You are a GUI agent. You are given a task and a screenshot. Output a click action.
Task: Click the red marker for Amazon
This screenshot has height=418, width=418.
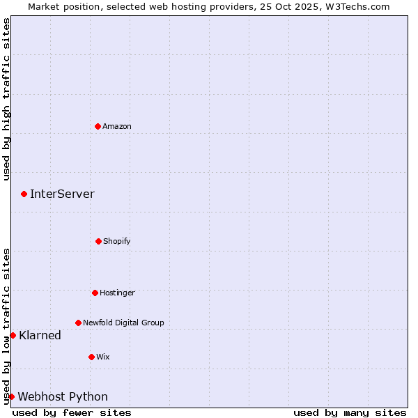[98, 126]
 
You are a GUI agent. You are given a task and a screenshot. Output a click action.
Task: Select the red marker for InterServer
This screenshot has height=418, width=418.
[24, 194]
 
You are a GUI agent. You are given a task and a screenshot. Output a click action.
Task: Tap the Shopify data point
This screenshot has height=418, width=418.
[98, 241]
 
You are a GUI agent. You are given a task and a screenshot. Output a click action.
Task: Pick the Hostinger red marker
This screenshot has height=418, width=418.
[95, 293]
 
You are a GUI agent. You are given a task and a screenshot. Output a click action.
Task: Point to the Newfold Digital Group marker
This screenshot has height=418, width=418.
[78, 323]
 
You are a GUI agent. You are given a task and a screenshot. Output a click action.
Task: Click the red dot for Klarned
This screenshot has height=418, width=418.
[13, 335]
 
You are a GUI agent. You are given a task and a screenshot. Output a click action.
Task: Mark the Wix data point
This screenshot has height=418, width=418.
[91, 357]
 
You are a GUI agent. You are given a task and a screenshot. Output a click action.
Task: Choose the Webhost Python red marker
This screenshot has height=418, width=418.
[11, 396]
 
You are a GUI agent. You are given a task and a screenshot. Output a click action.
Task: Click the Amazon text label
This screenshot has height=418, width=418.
[117, 126]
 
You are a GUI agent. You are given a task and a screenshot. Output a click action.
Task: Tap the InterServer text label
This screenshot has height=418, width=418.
[62, 194]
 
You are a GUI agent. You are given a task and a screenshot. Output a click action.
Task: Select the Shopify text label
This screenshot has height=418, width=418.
[117, 241]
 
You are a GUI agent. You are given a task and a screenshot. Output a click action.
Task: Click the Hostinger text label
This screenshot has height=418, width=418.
[117, 293]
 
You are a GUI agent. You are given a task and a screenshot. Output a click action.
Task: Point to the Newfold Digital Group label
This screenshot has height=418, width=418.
[123, 323]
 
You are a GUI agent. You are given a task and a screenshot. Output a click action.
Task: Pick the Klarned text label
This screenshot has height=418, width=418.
[40, 335]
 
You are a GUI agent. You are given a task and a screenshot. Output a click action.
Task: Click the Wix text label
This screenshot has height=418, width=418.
[103, 357]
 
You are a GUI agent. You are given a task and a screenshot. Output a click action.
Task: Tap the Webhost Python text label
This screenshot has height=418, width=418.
[63, 396]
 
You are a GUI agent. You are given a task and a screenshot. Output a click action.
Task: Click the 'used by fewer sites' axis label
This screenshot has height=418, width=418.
[72, 412]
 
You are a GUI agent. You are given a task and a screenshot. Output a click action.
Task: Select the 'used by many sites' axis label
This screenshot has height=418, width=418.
[350, 412]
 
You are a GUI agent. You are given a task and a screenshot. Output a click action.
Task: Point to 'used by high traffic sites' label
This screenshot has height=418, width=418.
[6, 99]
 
